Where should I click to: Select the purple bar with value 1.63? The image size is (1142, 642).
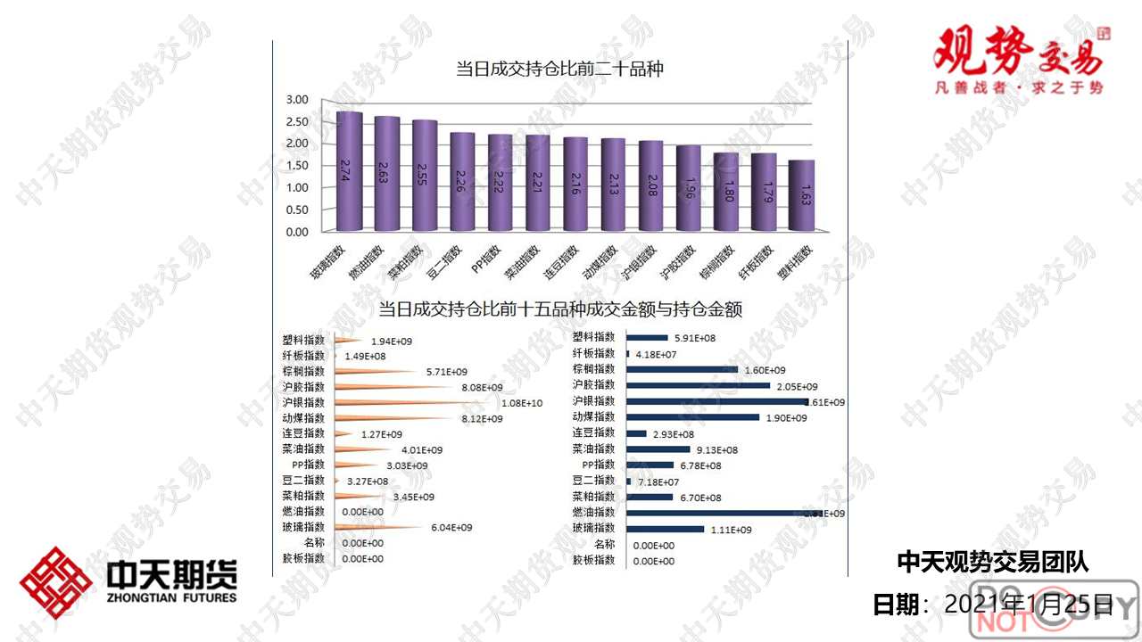click(801, 196)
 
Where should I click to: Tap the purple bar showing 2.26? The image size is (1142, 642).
click(462, 183)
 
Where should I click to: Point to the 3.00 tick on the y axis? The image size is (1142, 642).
click(297, 99)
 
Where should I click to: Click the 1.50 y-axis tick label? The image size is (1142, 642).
click(297, 166)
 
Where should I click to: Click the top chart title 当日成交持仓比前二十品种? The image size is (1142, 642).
click(559, 69)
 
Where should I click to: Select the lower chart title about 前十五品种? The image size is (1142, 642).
click(560, 309)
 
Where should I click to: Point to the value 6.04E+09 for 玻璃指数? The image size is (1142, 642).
click(451, 528)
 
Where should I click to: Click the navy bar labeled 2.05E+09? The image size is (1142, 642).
click(699, 386)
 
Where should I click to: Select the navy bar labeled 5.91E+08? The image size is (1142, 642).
click(648, 338)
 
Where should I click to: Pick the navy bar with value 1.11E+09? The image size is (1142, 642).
click(666, 530)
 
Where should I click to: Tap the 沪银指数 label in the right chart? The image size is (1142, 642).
click(593, 401)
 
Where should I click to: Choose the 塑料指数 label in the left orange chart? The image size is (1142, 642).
click(302, 340)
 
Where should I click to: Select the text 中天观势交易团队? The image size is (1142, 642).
click(991, 561)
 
